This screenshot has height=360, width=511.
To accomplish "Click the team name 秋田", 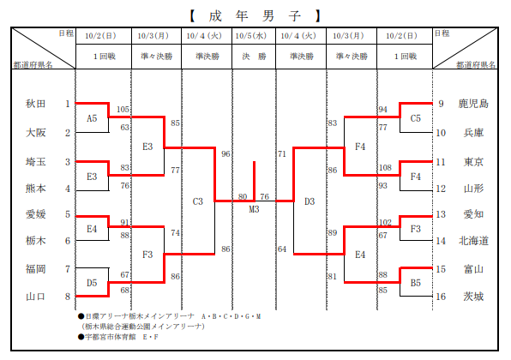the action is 35,104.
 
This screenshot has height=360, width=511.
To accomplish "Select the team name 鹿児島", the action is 473,104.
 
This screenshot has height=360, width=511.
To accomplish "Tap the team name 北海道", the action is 473,241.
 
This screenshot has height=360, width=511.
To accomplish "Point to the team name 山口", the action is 35,297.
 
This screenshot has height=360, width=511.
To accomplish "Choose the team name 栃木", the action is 35,241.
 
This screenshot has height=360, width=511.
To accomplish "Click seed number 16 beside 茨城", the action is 441,297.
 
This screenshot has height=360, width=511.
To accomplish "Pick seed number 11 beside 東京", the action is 441,162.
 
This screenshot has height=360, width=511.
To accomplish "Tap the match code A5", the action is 92,118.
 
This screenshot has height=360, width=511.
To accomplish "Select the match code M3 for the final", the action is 254,209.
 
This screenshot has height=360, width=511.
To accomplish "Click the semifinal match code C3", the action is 198,201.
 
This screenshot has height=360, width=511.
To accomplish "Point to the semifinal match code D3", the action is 310,201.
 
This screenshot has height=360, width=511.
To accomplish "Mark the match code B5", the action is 416,283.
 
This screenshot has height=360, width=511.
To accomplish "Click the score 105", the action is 123,109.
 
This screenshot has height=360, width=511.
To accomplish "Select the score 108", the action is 385,167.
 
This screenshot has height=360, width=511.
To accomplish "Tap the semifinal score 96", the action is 225,153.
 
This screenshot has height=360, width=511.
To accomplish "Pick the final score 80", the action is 243,196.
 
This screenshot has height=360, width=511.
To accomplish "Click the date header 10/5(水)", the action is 251,35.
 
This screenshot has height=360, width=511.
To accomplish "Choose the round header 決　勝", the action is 254,57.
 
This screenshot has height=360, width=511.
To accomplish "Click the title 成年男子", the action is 255,15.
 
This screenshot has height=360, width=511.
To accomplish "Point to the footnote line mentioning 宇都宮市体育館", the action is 118,337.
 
